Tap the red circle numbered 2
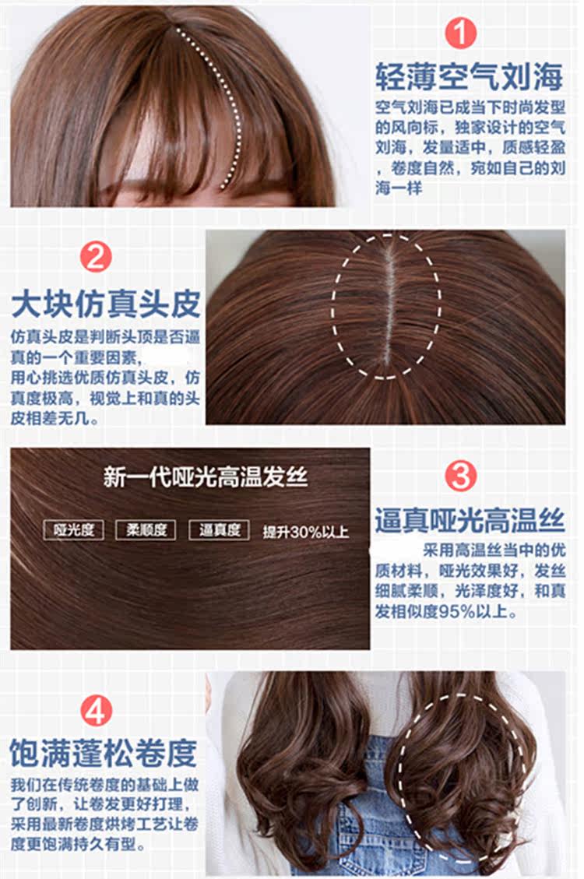pyautogui.click(x=96, y=258)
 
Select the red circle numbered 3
pyautogui.click(x=460, y=476)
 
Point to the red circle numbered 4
pyautogui.click(x=96, y=709)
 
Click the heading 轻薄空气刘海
pyautogui.click(x=468, y=76)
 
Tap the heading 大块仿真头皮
pyautogui.click(x=106, y=304)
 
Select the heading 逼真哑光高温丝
pyautogui.click(x=469, y=519)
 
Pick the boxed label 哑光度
pyautogui.click(x=75, y=530)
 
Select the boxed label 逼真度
pyautogui.click(x=220, y=530)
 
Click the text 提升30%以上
pyautogui.click(x=305, y=533)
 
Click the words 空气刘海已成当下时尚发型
pyautogui.click(x=469, y=107)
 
